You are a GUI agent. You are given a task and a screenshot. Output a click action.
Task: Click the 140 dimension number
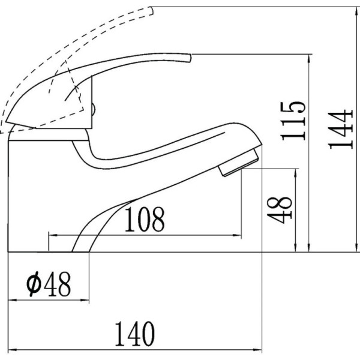(135, 334)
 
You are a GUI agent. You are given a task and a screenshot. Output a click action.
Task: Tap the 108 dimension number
(145, 219)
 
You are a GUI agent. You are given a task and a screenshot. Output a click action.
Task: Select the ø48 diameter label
(49, 284)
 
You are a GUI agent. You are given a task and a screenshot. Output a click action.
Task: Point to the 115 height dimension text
(293, 121)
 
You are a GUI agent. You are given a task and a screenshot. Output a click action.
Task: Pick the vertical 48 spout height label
(280, 210)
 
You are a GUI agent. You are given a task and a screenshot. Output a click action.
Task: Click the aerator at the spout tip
(239, 162)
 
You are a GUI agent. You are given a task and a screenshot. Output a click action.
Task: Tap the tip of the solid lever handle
(190, 58)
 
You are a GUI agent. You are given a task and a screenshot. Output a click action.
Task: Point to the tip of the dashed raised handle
(151, 11)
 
